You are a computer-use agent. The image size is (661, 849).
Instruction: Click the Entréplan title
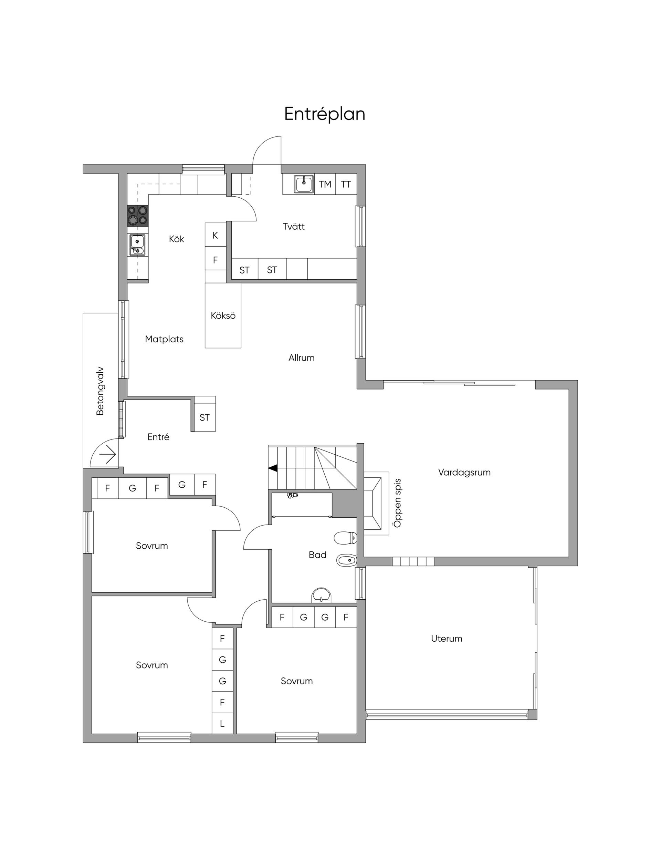coord(325,114)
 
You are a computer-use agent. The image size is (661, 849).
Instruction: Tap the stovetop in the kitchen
coord(138,215)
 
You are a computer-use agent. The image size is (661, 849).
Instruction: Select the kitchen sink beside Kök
coord(137,245)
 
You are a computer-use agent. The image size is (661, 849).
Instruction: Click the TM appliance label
coord(325,184)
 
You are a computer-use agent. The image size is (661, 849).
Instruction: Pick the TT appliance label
coord(346,184)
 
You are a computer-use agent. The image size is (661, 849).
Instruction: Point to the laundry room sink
coord(304,184)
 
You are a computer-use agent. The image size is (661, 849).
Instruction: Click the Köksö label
coord(223,315)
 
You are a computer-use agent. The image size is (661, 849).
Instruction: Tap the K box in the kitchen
coord(215,235)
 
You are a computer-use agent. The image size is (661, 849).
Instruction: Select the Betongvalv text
coord(100,391)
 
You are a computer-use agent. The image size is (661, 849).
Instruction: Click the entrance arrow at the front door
coord(108,454)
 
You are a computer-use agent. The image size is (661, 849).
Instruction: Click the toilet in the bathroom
coord(345,538)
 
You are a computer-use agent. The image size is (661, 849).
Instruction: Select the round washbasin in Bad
coord(321,595)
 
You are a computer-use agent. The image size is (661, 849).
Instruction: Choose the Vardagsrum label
coord(464,472)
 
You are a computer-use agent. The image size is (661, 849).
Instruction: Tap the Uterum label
coord(447,638)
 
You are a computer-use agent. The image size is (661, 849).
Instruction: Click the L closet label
coord(222,723)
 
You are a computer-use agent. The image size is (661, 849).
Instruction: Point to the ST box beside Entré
coord(205,417)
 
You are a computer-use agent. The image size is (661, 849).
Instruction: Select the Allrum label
coord(301,358)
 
